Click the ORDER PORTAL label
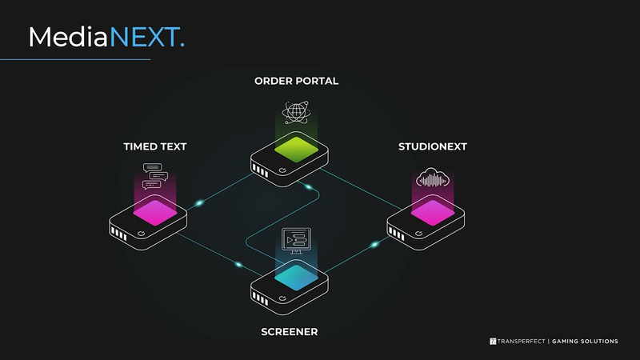(x=296, y=82)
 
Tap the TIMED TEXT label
(x=155, y=146)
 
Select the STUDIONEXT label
(x=433, y=146)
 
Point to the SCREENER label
(x=290, y=332)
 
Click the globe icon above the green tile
(x=296, y=112)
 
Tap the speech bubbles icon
(x=155, y=176)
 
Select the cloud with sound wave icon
(x=433, y=178)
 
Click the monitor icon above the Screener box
(x=296, y=241)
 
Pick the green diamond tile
(x=296, y=150)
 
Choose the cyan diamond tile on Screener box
(x=296, y=278)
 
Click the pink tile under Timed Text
(x=155, y=213)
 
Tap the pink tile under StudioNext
(x=433, y=213)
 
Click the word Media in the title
(x=68, y=37)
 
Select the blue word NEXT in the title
(x=144, y=37)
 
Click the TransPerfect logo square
(x=493, y=342)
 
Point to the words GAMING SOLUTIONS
(x=585, y=342)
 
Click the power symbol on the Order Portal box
(x=282, y=170)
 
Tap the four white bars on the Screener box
(x=260, y=298)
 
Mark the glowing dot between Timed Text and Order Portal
(x=199, y=203)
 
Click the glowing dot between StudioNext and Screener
(x=374, y=245)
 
